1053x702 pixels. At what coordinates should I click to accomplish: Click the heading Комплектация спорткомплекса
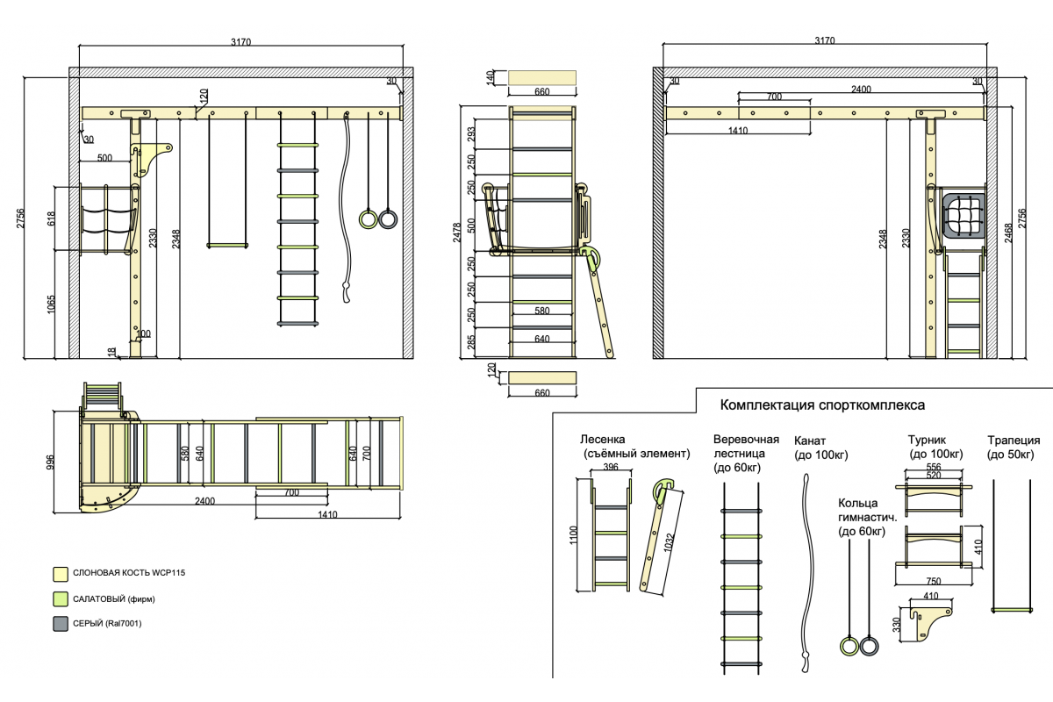tap(822, 405)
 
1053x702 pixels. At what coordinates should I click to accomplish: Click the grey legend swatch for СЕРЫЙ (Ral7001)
tap(61, 624)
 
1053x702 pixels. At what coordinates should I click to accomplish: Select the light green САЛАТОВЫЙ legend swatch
tap(61, 599)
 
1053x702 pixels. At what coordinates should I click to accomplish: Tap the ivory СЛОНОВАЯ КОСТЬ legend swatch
tap(61, 574)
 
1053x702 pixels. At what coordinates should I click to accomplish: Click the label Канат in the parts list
tap(810, 441)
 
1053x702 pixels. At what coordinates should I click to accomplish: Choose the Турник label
tap(927, 441)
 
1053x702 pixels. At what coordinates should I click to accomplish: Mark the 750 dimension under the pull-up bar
tap(934, 581)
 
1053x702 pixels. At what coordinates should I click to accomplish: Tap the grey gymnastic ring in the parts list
tap(870, 647)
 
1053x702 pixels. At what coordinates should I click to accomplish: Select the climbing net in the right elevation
tap(963, 216)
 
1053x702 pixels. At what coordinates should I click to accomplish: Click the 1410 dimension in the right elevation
tap(736, 131)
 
